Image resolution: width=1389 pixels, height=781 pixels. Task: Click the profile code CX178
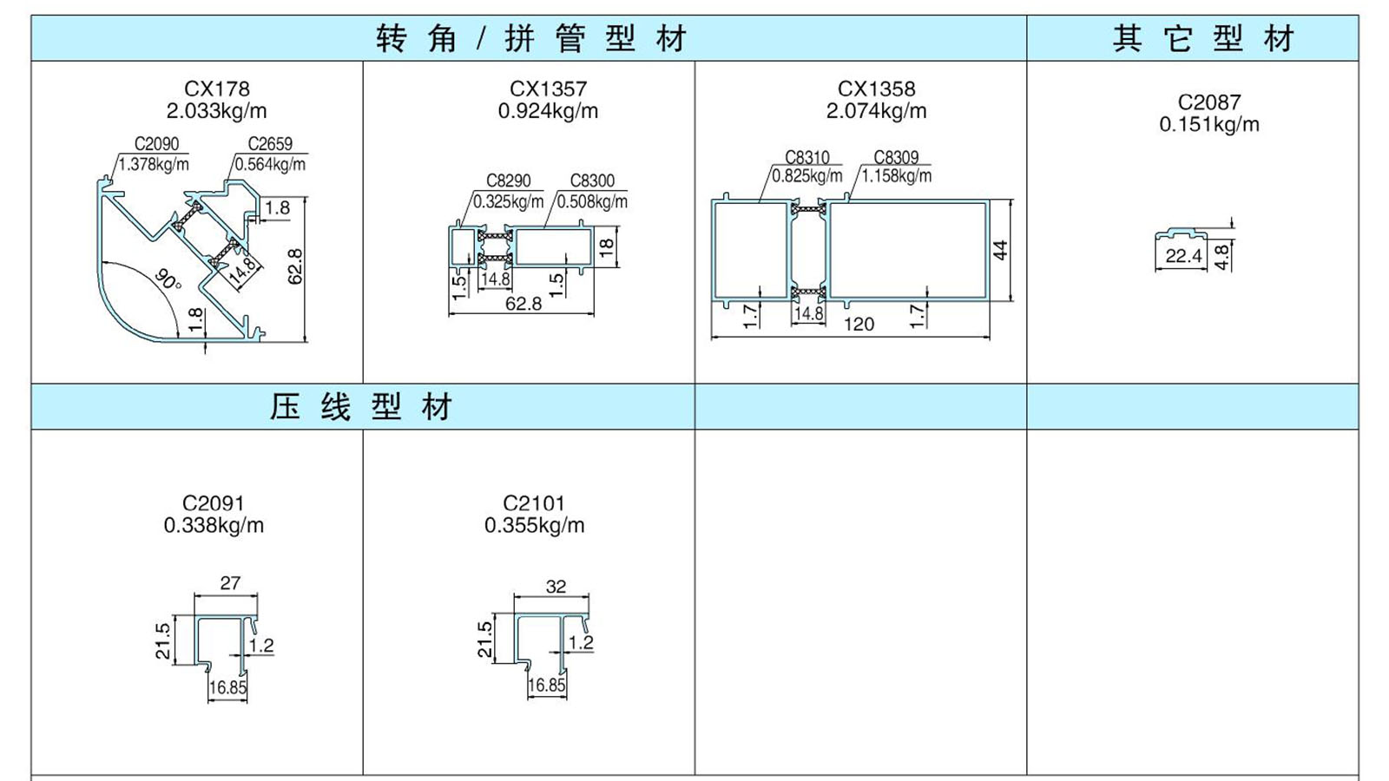point(217,89)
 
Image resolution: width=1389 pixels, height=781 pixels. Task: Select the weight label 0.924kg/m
point(548,111)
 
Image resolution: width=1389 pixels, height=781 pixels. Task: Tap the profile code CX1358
point(876,89)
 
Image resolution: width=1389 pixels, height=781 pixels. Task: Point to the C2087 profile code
point(1209,102)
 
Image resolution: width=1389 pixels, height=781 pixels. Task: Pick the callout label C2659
point(270,144)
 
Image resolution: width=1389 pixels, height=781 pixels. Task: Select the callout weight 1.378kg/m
point(154,164)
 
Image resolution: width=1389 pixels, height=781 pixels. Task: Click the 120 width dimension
point(859,325)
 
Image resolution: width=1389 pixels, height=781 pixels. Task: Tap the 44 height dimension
point(1001,251)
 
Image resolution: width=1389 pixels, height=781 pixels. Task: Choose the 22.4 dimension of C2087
point(1184,256)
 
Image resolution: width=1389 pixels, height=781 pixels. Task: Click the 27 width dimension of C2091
point(230,583)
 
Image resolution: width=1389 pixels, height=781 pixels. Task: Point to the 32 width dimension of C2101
point(556,587)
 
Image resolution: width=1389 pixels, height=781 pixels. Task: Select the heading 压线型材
point(361,407)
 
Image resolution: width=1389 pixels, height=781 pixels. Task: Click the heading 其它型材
point(1203,38)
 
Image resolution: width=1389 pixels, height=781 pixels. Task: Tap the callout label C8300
point(592,181)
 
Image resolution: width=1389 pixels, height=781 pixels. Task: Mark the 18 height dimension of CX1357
point(607,247)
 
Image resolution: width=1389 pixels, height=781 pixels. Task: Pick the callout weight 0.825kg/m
point(806,176)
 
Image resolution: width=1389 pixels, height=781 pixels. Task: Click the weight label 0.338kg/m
point(214,526)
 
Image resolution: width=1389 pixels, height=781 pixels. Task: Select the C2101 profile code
point(534,503)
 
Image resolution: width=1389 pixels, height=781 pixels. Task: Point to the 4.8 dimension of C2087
point(1221,257)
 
